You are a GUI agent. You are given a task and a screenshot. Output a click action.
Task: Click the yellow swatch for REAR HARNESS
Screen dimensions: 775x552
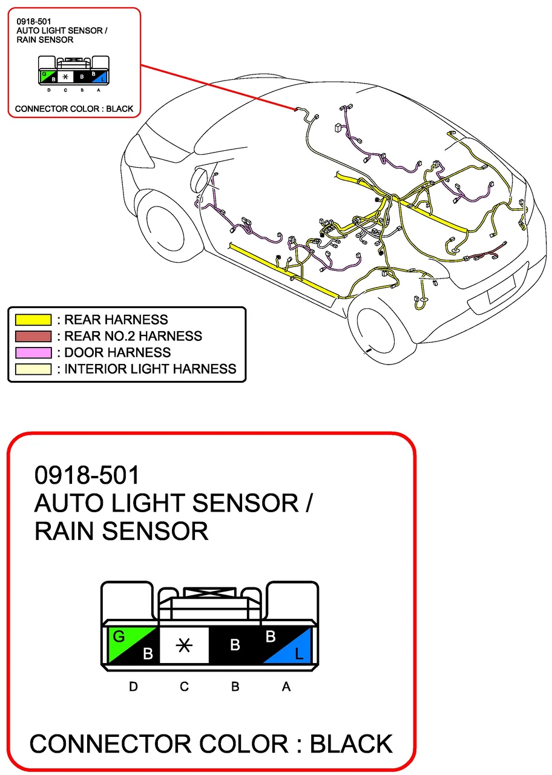point(33,320)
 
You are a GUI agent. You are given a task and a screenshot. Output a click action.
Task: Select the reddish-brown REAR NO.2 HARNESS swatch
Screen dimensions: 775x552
point(33,336)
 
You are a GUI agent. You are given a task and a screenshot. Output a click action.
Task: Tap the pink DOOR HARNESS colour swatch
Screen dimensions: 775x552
point(33,352)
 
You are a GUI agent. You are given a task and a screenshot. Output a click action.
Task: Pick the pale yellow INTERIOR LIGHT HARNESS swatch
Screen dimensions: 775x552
point(33,369)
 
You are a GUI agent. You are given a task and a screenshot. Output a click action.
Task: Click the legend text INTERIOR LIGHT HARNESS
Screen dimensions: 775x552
point(150,369)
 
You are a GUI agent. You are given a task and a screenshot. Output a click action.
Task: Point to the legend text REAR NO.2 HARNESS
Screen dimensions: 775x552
point(133,336)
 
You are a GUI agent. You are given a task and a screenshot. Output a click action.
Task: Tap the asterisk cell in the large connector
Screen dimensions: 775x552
point(184,645)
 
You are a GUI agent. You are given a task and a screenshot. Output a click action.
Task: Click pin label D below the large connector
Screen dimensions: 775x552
point(133,687)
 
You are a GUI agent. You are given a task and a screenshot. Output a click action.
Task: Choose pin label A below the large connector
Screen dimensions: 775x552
point(286,687)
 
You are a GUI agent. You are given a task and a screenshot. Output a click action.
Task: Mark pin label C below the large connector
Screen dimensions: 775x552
point(184,687)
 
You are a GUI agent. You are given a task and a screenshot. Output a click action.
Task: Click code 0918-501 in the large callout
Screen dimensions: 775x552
point(87,475)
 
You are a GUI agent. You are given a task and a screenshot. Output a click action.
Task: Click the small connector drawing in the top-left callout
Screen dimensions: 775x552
point(73,70)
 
